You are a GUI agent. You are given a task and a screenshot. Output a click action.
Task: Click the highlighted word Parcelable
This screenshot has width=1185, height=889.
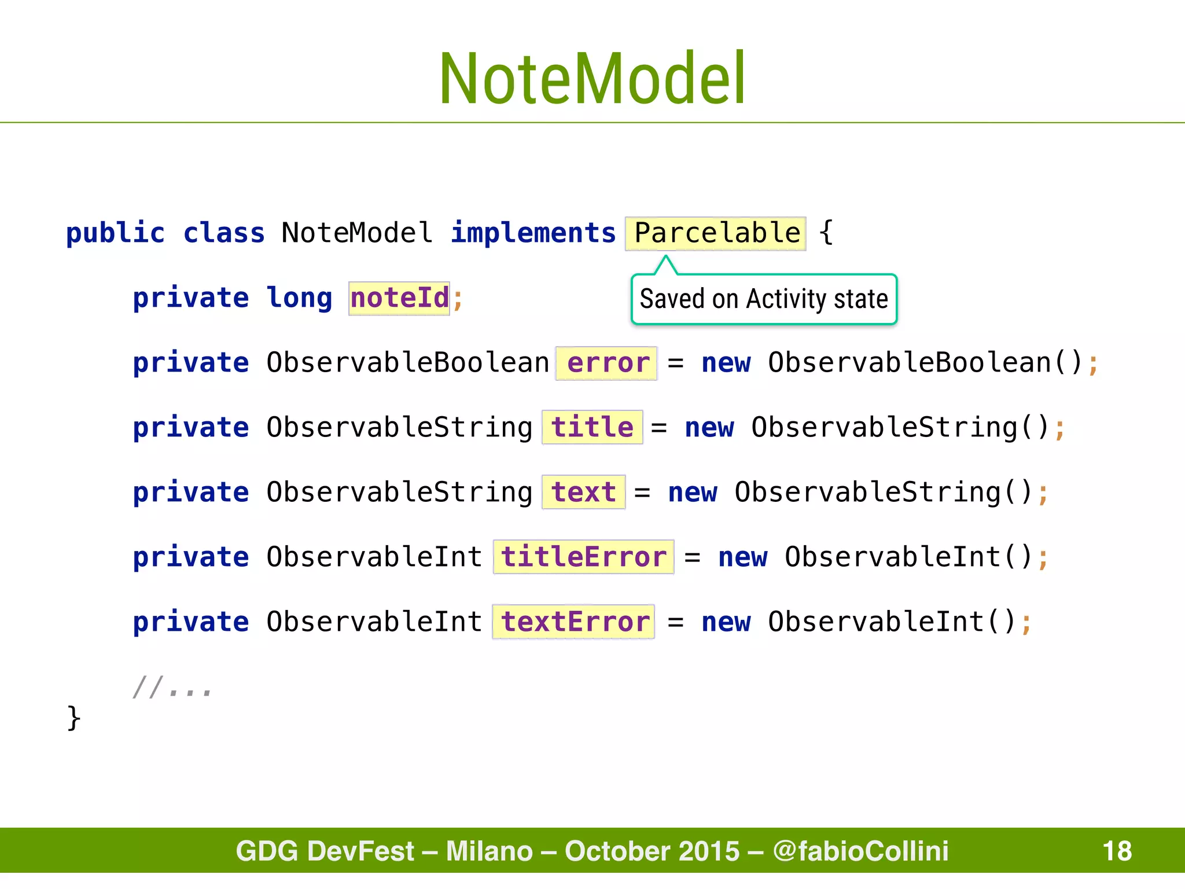pos(716,233)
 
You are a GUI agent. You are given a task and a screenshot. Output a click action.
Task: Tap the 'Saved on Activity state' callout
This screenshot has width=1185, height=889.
pos(764,299)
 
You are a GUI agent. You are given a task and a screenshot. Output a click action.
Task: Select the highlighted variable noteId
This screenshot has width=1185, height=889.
pos(399,299)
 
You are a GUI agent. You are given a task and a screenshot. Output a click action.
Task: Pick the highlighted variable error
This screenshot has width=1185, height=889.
pos(606,363)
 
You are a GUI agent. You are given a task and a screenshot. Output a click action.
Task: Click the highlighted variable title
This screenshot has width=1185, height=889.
pos(592,428)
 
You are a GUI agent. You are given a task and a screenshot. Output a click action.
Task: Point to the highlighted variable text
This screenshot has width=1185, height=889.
pos(583,493)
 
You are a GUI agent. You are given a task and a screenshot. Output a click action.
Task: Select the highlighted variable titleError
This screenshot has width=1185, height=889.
pos(583,557)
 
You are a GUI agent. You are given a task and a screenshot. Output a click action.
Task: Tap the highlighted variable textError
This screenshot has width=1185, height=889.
pos(573,622)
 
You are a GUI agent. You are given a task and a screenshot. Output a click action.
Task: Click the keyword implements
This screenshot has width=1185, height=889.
pos(533,233)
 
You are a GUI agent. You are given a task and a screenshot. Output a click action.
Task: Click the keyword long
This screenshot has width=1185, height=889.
pos(299,299)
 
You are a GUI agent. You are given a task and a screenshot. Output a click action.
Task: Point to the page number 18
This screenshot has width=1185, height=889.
pos(1117,851)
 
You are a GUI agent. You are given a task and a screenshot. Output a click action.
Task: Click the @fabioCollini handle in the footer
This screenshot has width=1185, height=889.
pos(860,851)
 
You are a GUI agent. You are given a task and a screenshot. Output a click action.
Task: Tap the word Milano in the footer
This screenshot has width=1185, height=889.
pos(489,851)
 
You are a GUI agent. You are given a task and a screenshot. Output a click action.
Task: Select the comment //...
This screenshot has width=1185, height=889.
pos(172,687)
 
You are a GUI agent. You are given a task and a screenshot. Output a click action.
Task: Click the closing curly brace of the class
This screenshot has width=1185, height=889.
pos(73,718)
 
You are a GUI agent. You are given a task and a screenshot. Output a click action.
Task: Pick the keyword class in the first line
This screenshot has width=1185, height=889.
pos(224,233)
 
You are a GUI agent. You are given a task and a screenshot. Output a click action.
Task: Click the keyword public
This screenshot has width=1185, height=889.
pos(115,233)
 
